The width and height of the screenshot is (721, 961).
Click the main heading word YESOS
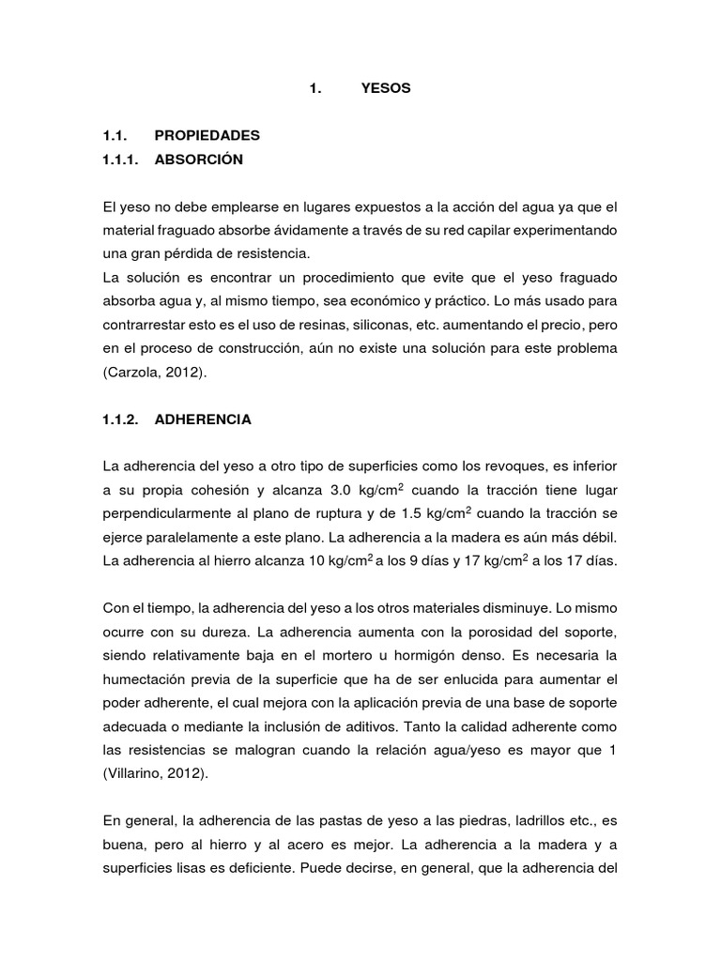[x=385, y=89]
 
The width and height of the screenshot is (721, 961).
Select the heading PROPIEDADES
[x=207, y=135]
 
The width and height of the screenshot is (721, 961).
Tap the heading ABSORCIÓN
[x=199, y=160]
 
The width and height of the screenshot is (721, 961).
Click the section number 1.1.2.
[x=120, y=419]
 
